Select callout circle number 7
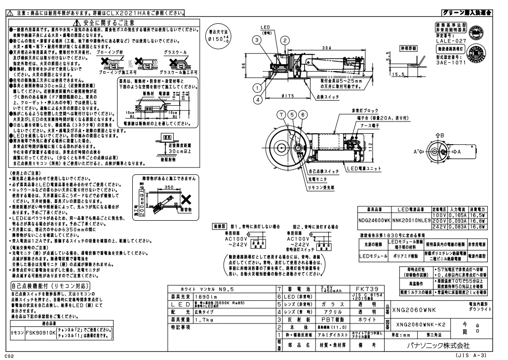[x=281, y=115]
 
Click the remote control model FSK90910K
[x=40, y=333]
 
